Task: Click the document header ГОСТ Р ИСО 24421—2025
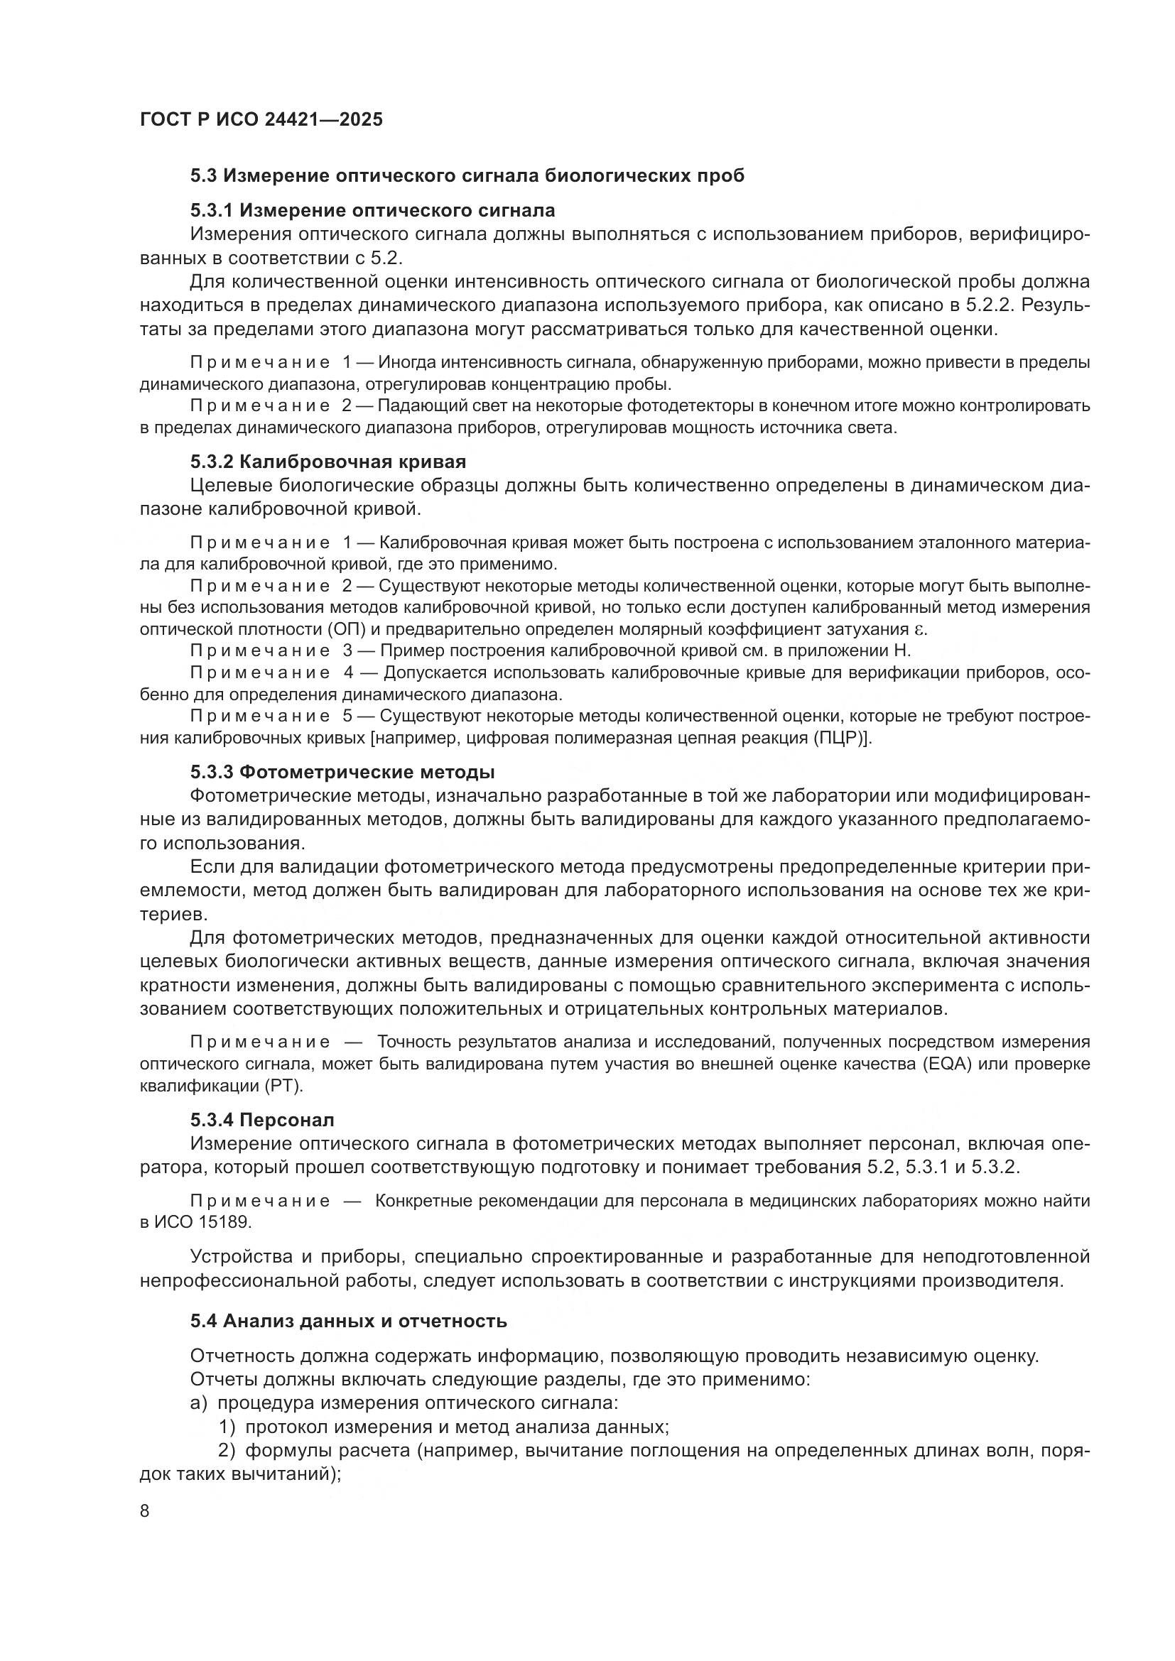pyautogui.click(x=261, y=119)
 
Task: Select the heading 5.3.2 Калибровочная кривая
pyautogui.click(x=327, y=462)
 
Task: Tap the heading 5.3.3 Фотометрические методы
pyautogui.click(x=342, y=772)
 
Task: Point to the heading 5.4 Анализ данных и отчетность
pyautogui.click(x=348, y=1321)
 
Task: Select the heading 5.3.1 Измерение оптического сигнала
pyautogui.click(x=373, y=210)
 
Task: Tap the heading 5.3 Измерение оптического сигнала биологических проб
pyautogui.click(x=467, y=176)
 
